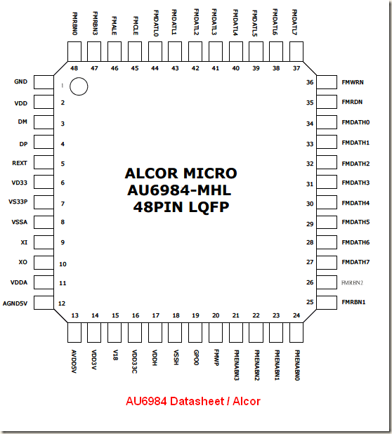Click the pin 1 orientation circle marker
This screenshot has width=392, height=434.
coord(79,86)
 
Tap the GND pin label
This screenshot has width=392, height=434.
coord(20,81)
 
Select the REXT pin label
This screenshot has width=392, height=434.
coord(20,162)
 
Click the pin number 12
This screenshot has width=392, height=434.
coord(63,303)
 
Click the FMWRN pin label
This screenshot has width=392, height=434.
coord(352,81)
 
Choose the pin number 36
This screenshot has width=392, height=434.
coord(309,82)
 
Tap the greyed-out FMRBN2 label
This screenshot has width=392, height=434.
coord(353,282)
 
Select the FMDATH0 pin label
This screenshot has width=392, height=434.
coord(355,122)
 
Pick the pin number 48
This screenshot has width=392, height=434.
coord(74,68)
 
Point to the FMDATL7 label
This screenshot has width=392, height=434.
coord(295,22)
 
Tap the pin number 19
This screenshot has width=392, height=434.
coord(196,315)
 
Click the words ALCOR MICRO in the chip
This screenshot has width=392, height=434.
coord(181,173)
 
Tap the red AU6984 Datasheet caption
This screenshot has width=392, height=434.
coord(192,402)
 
